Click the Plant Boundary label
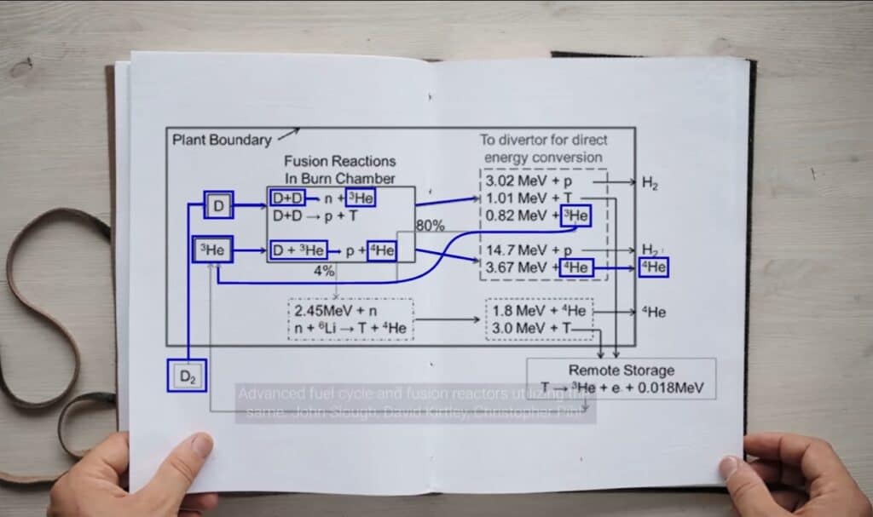pos(222,140)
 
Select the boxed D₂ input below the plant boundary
pos(187,376)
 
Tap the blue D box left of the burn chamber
pos(218,205)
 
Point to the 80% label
pos(431,226)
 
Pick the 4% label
pos(324,271)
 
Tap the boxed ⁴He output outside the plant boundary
pos(653,267)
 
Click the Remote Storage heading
pos(621,371)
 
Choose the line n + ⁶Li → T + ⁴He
pos(350,328)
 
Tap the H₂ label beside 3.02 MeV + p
pos(650,182)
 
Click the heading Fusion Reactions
pos(339,161)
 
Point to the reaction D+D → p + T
pos(315,216)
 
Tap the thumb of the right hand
pos(732,466)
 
